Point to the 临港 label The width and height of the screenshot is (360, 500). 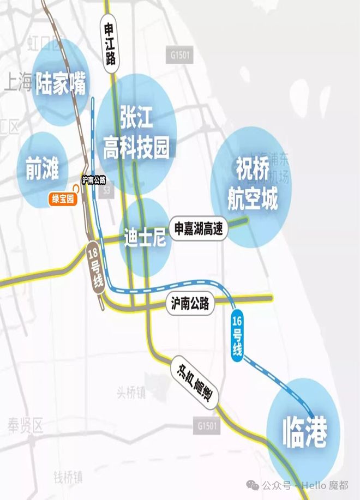click(305, 433)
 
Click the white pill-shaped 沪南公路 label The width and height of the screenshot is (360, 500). click(190, 304)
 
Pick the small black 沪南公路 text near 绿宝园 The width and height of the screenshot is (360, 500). click(93, 179)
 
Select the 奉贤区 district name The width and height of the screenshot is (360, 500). click(25, 426)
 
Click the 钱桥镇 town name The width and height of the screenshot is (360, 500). click(68, 478)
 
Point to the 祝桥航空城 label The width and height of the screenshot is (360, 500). click(253, 184)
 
